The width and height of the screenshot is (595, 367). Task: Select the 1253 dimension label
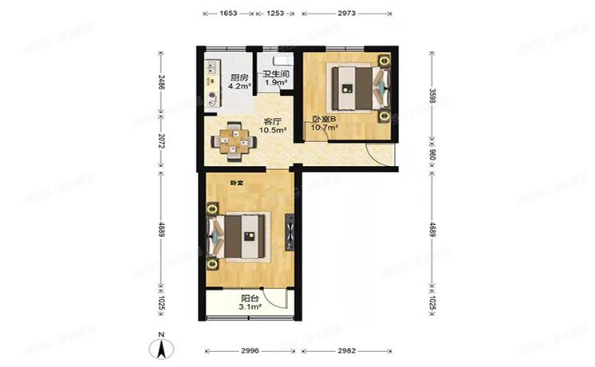coord(274,14)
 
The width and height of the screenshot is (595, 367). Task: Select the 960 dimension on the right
coord(433,158)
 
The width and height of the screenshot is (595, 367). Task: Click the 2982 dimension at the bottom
coord(346,351)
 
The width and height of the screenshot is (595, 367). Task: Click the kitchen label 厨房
coord(239,77)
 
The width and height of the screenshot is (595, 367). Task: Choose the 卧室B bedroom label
coord(325,120)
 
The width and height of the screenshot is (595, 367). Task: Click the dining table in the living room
coord(234,137)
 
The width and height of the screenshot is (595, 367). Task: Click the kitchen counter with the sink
coord(211,84)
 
